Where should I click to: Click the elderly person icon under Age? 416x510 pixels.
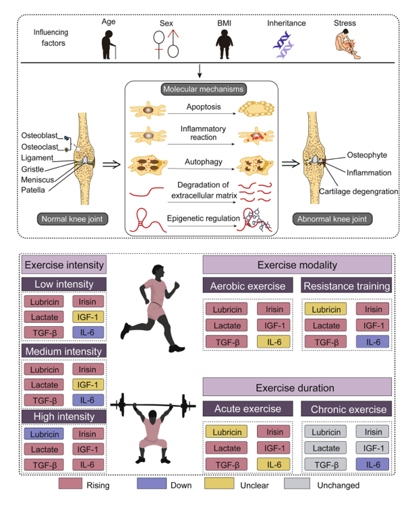pyautogui.click(x=108, y=48)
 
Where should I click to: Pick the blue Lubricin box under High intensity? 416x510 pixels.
pyautogui.click(x=44, y=435)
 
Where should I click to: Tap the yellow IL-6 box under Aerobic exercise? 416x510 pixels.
pyautogui.click(x=274, y=342)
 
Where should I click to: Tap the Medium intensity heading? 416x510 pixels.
pyautogui.click(x=63, y=351)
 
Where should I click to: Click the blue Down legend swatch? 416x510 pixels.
pyautogui.click(x=156, y=484)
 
